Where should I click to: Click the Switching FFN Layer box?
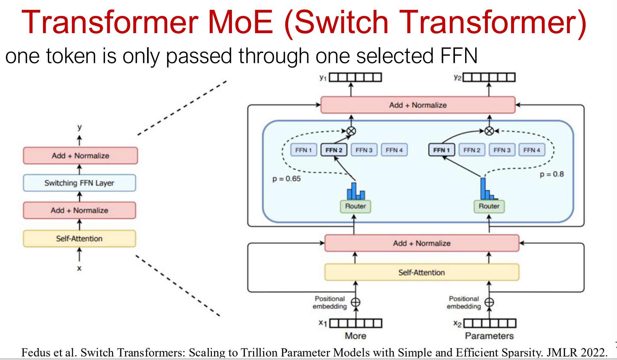click(x=79, y=183)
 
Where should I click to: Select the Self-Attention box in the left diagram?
click(x=79, y=239)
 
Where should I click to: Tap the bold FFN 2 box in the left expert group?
click(x=334, y=150)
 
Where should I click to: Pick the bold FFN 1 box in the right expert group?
click(x=442, y=150)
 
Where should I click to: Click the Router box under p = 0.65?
click(x=355, y=206)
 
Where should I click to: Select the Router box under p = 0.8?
click(x=489, y=206)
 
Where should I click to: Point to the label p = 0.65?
click(x=286, y=179)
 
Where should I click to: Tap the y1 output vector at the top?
click(x=355, y=78)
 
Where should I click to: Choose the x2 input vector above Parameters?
click(x=489, y=324)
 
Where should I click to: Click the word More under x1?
click(x=355, y=336)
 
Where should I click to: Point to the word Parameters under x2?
click(x=489, y=336)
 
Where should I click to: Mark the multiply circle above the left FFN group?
click(x=351, y=131)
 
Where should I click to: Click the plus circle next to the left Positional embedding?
click(x=355, y=302)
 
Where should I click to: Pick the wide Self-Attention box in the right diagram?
click(x=421, y=273)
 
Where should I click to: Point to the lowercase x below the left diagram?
click(x=79, y=268)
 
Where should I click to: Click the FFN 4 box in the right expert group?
click(x=532, y=150)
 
